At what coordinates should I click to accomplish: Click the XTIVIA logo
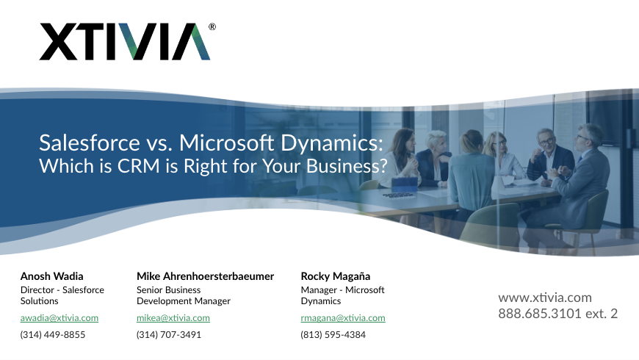tap(125, 41)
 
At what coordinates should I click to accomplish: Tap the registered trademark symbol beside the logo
tap(212, 26)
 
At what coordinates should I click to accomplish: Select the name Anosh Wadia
tap(51, 276)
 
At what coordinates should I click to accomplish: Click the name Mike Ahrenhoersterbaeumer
tap(205, 276)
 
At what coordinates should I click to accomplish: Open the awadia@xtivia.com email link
tap(59, 318)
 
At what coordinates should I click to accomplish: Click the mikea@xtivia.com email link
tap(173, 318)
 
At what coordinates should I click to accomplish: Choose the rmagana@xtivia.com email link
tap(343, 318)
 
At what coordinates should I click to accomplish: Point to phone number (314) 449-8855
tap(53, 335)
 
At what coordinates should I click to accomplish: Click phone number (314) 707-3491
tap(169, 335)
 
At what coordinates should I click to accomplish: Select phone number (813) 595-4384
tap(333, 335)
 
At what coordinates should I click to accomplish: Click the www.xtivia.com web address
tap(545, 298)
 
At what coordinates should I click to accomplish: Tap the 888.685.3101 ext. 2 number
tap(557, 314)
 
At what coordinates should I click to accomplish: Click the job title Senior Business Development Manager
tap(184, 295)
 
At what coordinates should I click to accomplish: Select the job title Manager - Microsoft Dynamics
tap(342, 295)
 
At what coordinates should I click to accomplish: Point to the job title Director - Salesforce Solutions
tap(62, 295)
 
